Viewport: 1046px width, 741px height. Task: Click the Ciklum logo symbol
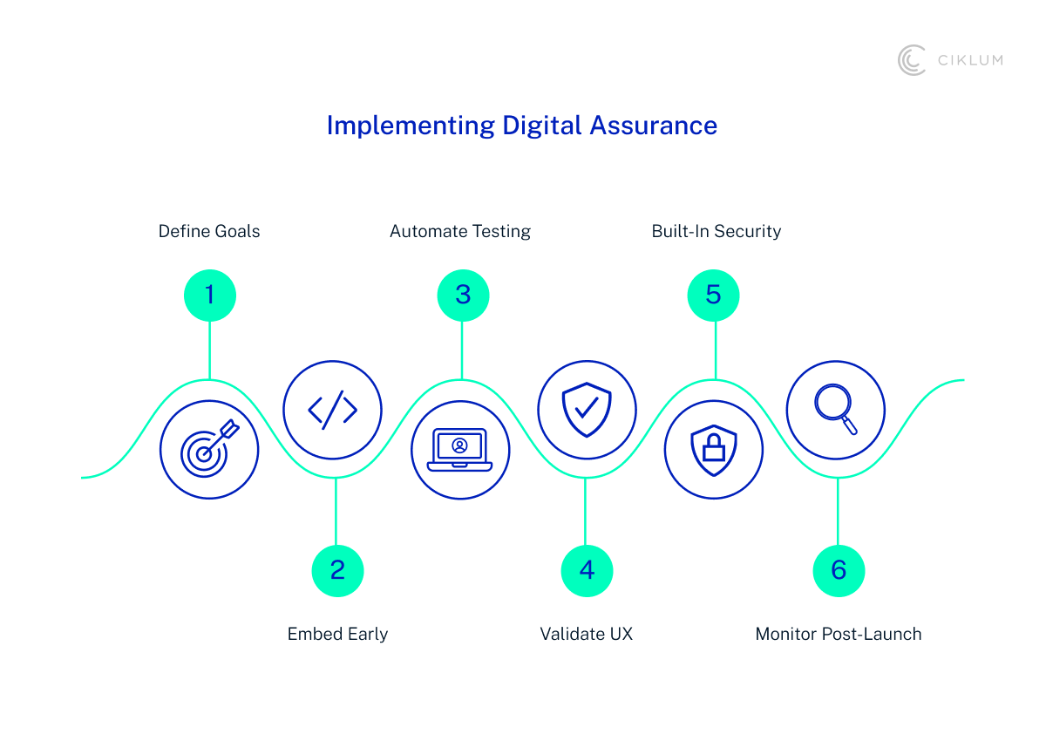pyautogui.click(x=912, y=60)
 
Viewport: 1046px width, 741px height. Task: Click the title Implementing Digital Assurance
pyautogui.click(x=521, y=126)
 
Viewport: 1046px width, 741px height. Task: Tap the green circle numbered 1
pyautogui.click(x=209, y=296)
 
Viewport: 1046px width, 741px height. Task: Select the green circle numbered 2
pyautogui.click(x=337, y=570)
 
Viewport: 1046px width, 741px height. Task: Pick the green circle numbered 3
pyautogui.click(x=463, y=296)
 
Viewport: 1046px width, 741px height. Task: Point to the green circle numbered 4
pyautogui.click(x=587, y=570)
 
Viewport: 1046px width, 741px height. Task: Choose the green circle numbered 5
pyautogui.click(x=713, y=296)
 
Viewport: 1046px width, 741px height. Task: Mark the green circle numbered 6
pyautogui.click(x=839, y=570)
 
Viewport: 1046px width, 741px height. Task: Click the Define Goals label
pyautogui.click(x=209, y=231)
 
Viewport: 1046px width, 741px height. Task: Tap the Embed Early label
pyautogui.click(x=337, y=634)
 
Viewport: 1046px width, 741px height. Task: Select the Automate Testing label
pyautogui.click(x=460, y=231)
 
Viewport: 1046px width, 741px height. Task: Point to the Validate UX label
pyautogui.click(x=586, y=634)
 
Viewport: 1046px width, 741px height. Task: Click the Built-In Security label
pyautogui.click(x=717, y=231)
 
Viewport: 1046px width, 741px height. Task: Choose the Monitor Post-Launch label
pyautogui.click(x=838, y=634)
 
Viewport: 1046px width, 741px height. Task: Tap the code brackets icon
pyautogui.click(x=333, y=410)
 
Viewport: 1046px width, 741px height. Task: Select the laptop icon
pyautogui.click(x=460, y=450)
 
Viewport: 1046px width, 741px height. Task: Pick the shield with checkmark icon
pyautogui.click(x=587, y=410)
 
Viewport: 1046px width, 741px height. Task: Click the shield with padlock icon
pyautogui.click(x=714, y=450)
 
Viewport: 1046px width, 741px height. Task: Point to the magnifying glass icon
pyautogui.click(x=836, y=410)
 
